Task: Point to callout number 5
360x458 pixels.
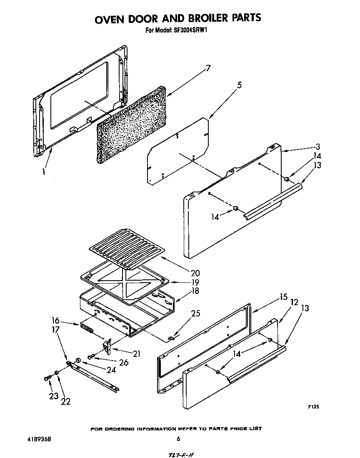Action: (x=239, y=85)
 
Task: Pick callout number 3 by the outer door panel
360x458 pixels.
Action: (x=318, y=147)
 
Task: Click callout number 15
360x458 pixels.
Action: (x=284, y=297)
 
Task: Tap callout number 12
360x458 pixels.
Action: (x=294, y=303)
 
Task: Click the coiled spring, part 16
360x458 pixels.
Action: (x=87, y=329)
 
